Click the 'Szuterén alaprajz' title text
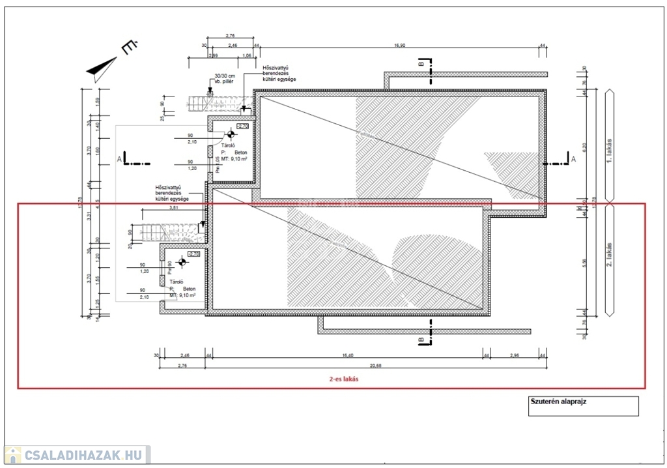[559, 402]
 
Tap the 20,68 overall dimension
[349, 365]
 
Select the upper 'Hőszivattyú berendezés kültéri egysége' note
[279, 74]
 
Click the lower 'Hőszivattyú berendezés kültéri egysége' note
[172, 192]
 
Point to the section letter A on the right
[573, 158]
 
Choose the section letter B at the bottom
[421, 340]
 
